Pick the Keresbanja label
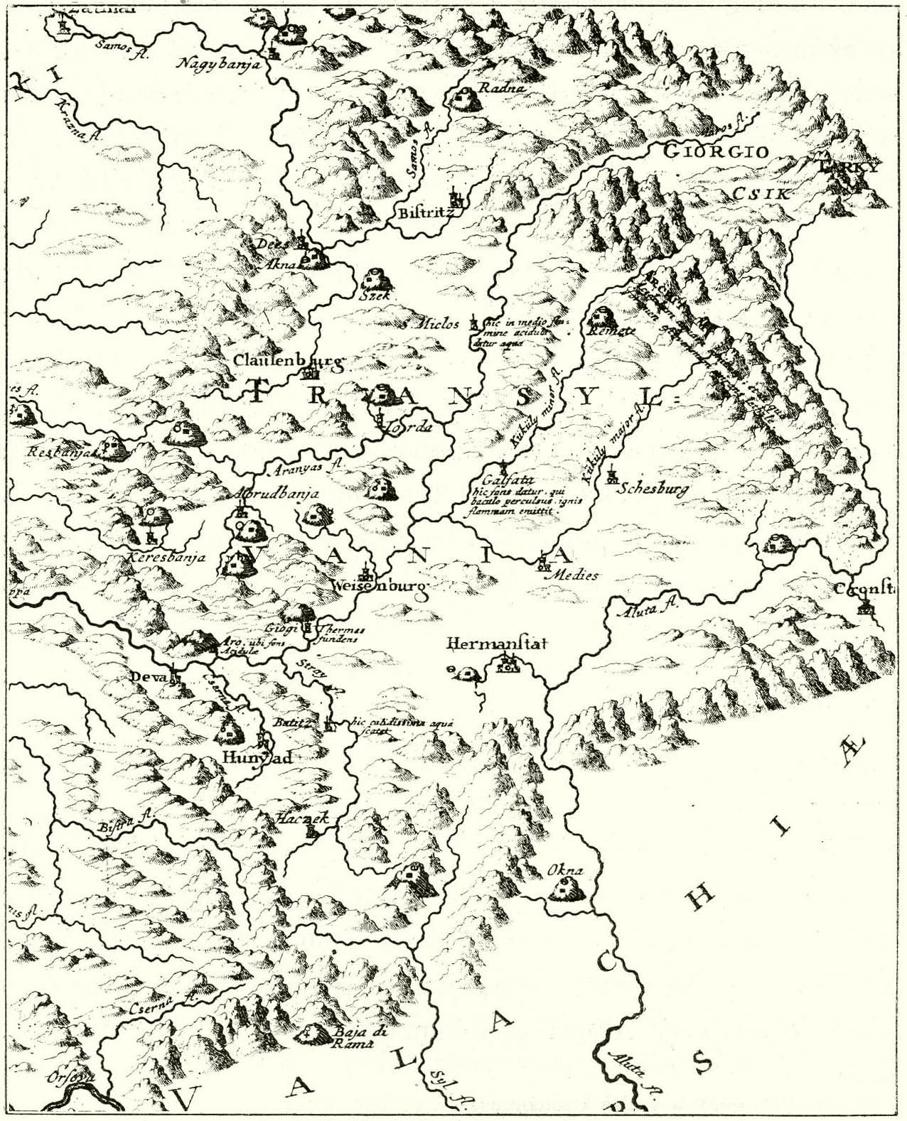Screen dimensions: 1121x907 166,557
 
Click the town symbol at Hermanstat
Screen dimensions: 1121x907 508,664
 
